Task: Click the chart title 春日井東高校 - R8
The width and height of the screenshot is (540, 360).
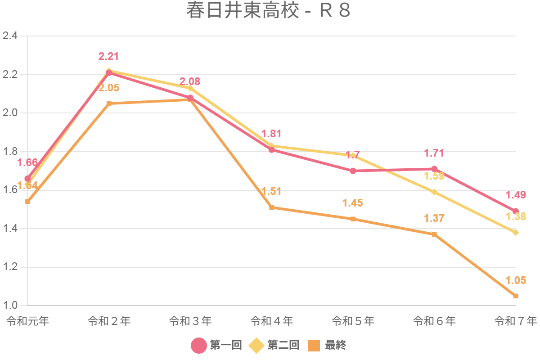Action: coord(268,11)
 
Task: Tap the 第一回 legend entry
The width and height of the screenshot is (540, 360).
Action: coord(216,345)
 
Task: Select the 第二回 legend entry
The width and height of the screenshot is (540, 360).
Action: coord(274,345)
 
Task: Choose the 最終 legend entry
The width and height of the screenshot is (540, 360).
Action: coord(327,345)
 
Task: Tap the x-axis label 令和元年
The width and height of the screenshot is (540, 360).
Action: coord(27,321)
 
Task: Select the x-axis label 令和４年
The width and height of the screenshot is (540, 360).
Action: coord(272,321)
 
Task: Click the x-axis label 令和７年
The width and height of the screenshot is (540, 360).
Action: coord(516,321)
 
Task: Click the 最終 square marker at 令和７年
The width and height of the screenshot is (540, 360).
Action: coord(516,296)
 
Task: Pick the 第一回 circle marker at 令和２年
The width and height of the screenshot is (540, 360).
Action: coord(109,73)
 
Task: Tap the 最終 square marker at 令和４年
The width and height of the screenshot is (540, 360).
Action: coord(272,207)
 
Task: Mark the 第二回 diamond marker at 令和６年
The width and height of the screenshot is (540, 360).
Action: coord(434,192)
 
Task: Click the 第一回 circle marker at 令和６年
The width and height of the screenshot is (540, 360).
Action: coord(434,169)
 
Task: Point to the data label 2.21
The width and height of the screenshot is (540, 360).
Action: coord(108,57)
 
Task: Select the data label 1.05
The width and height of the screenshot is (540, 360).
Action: coord(516,280)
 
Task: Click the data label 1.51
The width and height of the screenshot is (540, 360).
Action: coord(271,191)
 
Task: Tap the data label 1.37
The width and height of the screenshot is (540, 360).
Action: coord(434,218)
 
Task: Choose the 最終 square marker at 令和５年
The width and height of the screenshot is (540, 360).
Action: coord(353,219)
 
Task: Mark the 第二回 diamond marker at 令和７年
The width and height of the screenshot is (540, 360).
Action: coord(516,233)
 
